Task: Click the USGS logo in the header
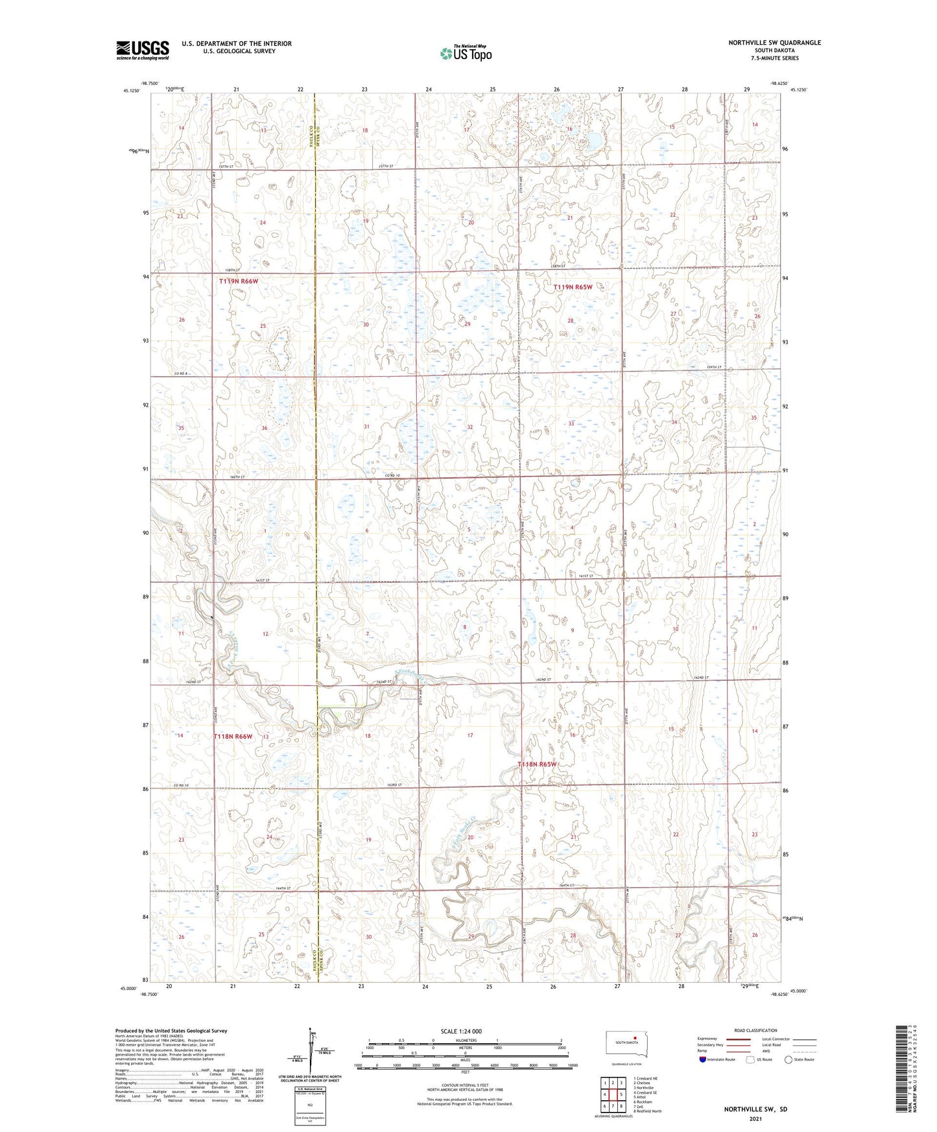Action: coord(143,49)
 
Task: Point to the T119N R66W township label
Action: coord(243,282)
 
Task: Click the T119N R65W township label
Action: coord(573,286)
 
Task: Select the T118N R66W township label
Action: coord(233,737)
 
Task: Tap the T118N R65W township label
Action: coord(537,764)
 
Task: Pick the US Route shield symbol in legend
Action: coord(752,1059)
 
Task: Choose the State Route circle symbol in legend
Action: coord(789,1059)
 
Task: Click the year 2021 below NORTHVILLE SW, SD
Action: coord(755,1118)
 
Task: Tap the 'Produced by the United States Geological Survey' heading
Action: coord(171,1030)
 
